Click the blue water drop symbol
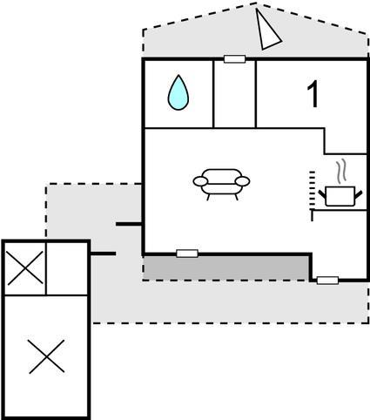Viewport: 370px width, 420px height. [x=178, y=92]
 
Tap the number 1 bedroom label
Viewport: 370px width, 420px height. [x=313, y=94]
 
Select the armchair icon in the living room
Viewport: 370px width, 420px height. [x=221, y=184]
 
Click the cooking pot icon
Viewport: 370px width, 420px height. [x=340, y=196]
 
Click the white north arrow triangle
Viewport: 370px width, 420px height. [x=267, y=30]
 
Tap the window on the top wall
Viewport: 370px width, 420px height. [x=235, y=59]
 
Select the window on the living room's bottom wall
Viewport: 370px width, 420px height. [x=187, y=254]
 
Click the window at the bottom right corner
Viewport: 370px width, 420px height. [x=327, y=281]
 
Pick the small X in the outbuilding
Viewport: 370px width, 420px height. [x=25, y=268]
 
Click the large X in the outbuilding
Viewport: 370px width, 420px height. [x=46, y=356]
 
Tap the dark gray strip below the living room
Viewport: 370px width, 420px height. [x=226, y=268]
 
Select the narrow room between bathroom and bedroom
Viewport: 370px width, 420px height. [x=234, y=94]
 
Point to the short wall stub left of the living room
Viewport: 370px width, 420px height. [x=129, y=224]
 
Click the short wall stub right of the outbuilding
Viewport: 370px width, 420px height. [x=103, y=254]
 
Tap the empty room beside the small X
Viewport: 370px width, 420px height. [x=67, y=268]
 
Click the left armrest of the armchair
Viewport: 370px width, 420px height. [x=200, y=181]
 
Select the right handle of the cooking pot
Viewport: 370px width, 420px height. [x=359, y=194]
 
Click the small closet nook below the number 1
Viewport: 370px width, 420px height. [x=346, y=140]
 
